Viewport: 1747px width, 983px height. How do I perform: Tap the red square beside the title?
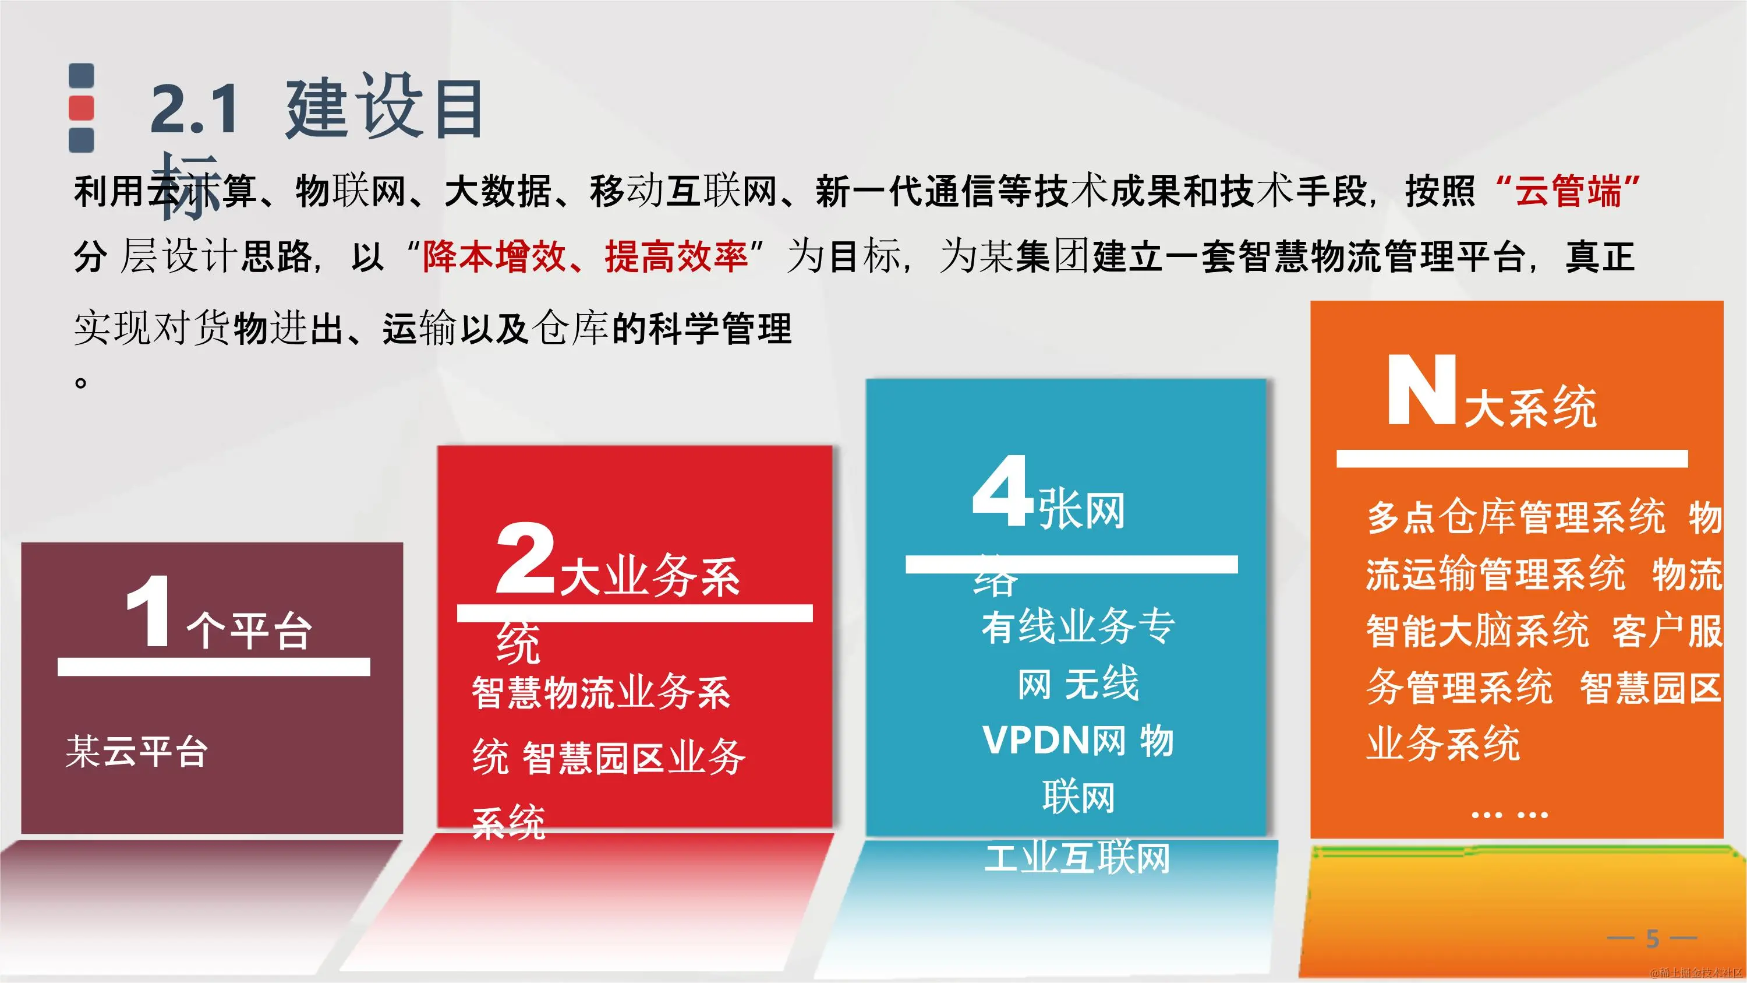[x=82, y=108]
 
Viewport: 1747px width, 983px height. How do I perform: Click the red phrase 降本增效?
[x=494, y=257]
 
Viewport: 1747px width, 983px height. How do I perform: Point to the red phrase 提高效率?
[x=676, y=257]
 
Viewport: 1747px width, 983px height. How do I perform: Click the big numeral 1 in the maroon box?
[x=148, y=611]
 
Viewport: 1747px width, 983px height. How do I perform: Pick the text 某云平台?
[x=136, y=752]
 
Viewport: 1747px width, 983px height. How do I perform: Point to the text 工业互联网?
[x=1077, y=858]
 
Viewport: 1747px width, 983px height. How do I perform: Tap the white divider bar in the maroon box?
[x=214, y=666]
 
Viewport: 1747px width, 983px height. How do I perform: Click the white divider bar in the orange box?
[x=1512, y=459]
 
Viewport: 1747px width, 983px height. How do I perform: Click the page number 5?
[x=1652, y=939]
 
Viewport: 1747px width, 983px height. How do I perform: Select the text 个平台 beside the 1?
[x=250, y=632]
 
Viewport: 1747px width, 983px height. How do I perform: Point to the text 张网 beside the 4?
[x=1082, y=511]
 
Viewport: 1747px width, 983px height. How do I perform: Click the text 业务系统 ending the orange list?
[x=1443, y=744]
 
